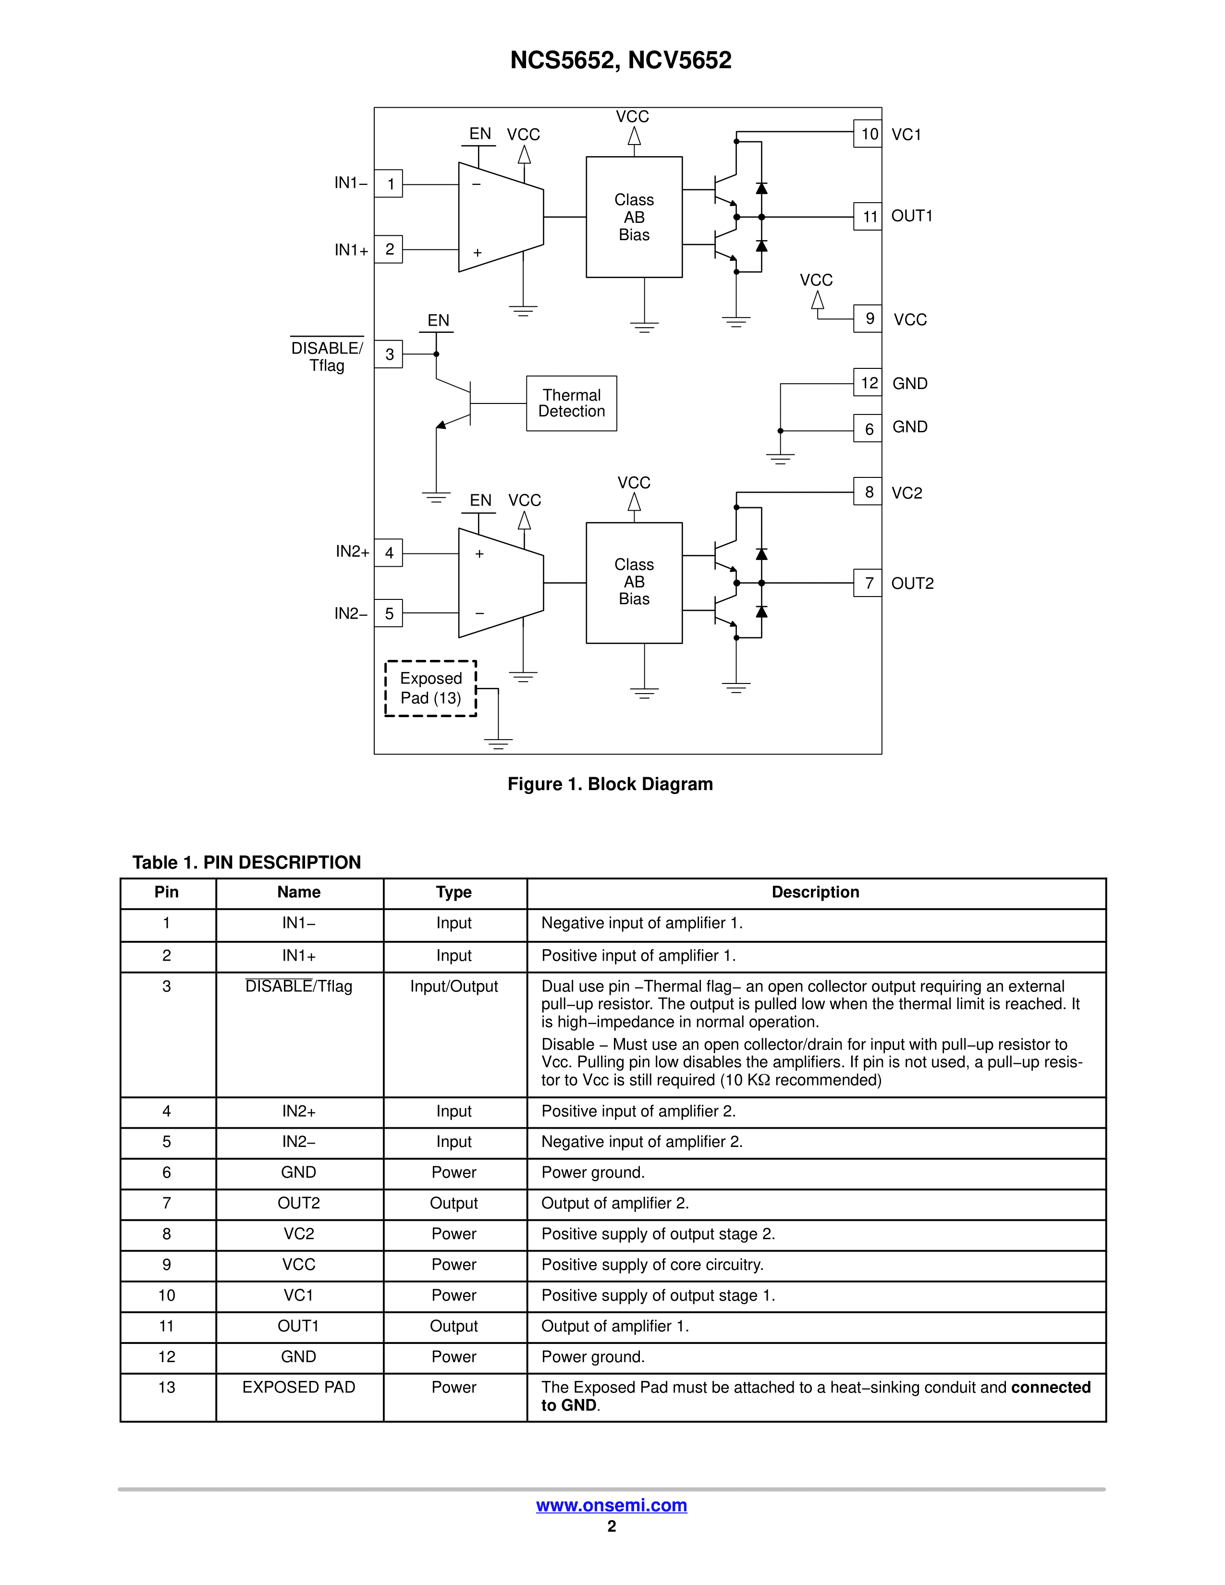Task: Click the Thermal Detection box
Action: pyautogui.click(x=571, y=403)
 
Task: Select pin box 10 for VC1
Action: pyautogui.click(x=868, y=134)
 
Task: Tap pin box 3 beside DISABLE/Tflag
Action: pyautogui.click(x=389, y=354)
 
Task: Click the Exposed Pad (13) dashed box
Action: pyautogui.click(x=430, y=688)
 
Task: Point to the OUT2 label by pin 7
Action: pyautogui.click(x=912, y=584)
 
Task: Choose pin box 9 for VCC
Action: pyautogui.click(x=868, y=318)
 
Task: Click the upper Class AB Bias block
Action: pyautogui.click(x=634, y=217)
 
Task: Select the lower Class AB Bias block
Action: pyautogui.click(x=634, y=582)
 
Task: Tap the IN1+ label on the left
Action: pyautogui.click(x=351, y=250)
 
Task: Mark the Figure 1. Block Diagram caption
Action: pyautogui.click(x=610, y=784)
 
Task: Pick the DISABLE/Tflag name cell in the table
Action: pyautogui.click(x=299, y=986)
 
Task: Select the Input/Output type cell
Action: pyautogui.click(x=453, y=986)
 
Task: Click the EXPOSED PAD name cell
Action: pyautogui.click(x=299, y=1387)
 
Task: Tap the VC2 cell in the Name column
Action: pyautogui.click(x=299, y=1234)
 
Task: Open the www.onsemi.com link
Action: pyautogui.click(x=611, y=1505)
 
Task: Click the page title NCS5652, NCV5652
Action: pyautogui.click(x=621, y=60)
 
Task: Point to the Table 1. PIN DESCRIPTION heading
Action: pyautogui.click(x=247, y=862)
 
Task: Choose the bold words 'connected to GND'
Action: pyautogui.click(x=1050, y=1388)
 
